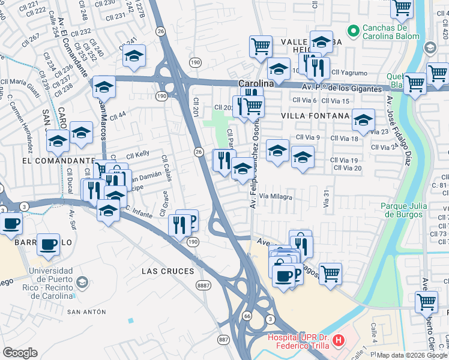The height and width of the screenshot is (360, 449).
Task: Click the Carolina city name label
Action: tap(256, 84)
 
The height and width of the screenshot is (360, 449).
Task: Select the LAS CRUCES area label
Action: tap(168, 271)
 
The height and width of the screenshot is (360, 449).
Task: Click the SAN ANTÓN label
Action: tap(86, 312)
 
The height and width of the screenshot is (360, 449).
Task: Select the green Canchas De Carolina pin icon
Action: tap(354, 29)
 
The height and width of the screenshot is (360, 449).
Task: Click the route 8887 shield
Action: tap(203, 286)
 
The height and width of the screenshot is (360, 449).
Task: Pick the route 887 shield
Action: tap(223, 340)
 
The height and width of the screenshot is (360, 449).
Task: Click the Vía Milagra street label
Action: tap(276, 197)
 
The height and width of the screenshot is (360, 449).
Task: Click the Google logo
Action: tap(20, 353)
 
